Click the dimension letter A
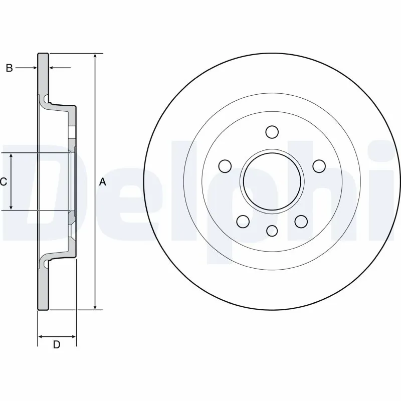(x=103, y=182)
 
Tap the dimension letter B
(x=9, y=68)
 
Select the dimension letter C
(x=4, y=182)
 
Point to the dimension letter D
(x=57, y=344)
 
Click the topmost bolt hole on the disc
(x=272, y=132)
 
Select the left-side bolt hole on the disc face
(x=226, y=165)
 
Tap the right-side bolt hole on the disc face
(x=318, y=165)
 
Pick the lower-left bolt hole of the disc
(x=243, y=221)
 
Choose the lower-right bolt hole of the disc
(x=301, y=221)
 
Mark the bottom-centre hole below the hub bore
(x=272, y=231)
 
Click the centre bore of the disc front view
(x=272, y=180)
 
